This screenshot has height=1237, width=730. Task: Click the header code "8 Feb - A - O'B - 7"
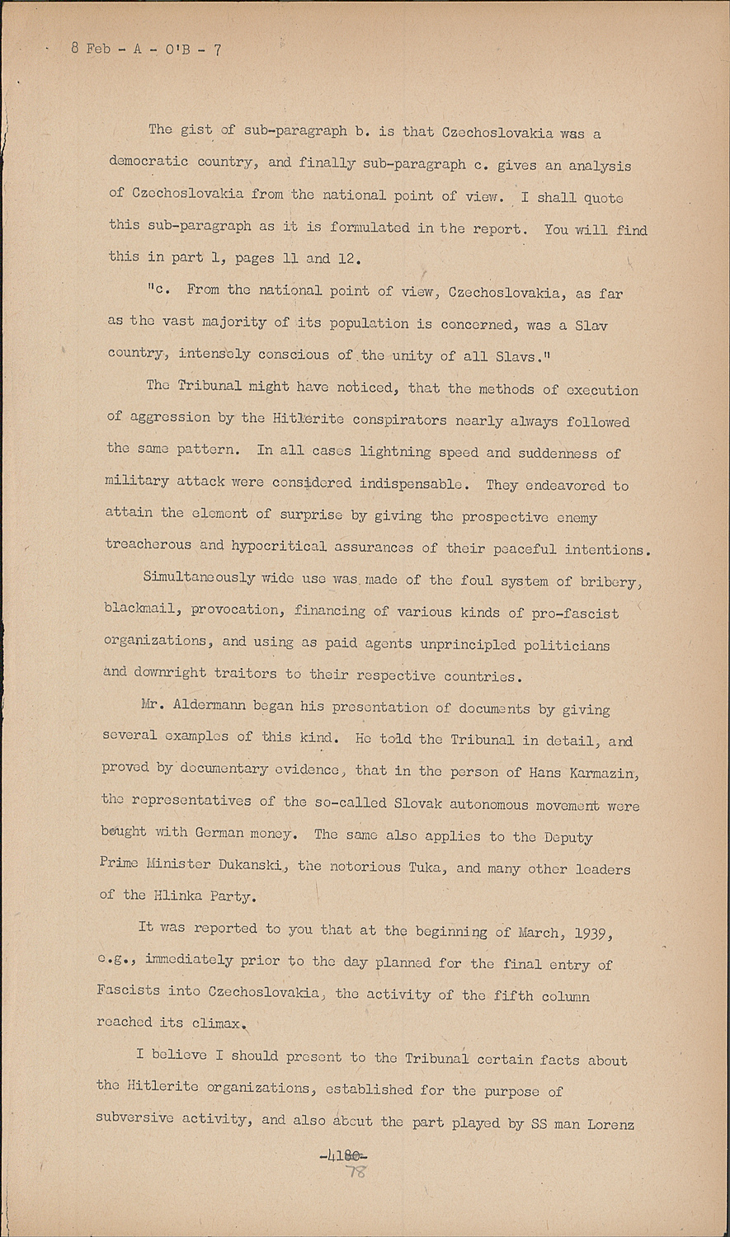[x=146, y=49]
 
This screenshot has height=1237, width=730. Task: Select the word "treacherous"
[x=148, y=546]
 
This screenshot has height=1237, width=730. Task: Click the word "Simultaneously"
[x=198, y=578]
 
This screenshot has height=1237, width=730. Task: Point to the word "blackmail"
[x=144, y=610]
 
